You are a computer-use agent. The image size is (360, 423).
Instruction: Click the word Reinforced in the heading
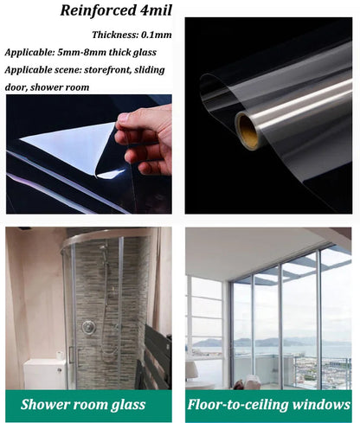pos(98,10)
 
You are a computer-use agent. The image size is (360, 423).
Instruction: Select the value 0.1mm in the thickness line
pos(156,35)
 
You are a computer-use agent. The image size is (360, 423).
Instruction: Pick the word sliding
pos(149,70)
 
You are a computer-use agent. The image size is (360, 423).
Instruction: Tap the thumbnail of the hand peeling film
pos(89,154)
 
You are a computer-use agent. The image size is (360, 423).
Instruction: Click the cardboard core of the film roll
pos(248,131)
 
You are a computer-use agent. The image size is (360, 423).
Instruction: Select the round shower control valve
pos(88,327)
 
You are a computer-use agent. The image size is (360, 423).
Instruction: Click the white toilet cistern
pos(44,374)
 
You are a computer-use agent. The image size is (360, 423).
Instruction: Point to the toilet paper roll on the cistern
pos(60,355)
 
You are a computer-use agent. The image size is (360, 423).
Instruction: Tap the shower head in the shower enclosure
pos(103,247)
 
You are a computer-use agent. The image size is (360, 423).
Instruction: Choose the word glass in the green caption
pos(128,405)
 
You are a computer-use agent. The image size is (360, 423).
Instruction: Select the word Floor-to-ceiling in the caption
pos(238,405)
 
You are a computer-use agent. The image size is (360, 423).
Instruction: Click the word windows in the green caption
pos(321,404)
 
